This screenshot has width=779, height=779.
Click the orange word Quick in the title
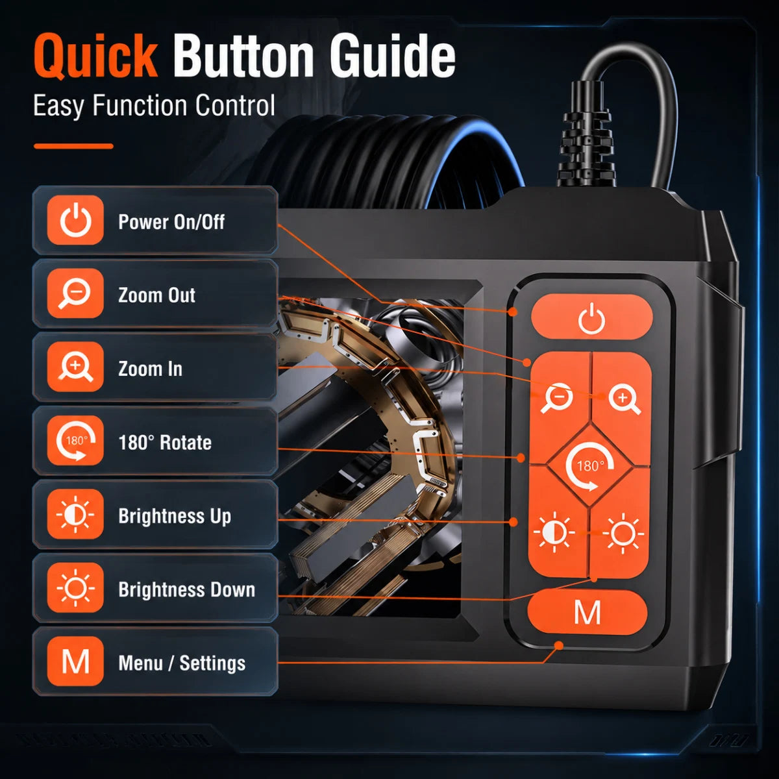[x=95, y=56]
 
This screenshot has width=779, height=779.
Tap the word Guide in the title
[x=393, y=56]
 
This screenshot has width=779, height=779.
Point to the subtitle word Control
[x=235, y=105]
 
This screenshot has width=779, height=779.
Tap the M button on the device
[x=587, y=612]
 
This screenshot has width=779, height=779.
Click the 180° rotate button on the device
[x=590, y=465]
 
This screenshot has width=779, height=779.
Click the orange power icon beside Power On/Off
[x=75, y=220]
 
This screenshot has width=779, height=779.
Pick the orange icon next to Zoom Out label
[x=75, y=293]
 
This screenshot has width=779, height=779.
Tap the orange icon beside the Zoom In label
[x=75, y=367]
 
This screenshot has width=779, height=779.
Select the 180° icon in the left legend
[x=75, y=441]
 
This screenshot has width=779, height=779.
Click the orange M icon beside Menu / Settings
[x=75, y=662]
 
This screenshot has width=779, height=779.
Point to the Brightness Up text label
[x=175, y=516]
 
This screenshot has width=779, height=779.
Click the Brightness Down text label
[x=187, y=590]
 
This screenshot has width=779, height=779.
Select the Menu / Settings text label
[x=182, y=663]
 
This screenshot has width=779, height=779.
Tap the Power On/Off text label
[x=171, y=222]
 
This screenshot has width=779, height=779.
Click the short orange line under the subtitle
[x=73, y=146]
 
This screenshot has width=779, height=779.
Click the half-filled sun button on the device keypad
[x=554, y=532]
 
